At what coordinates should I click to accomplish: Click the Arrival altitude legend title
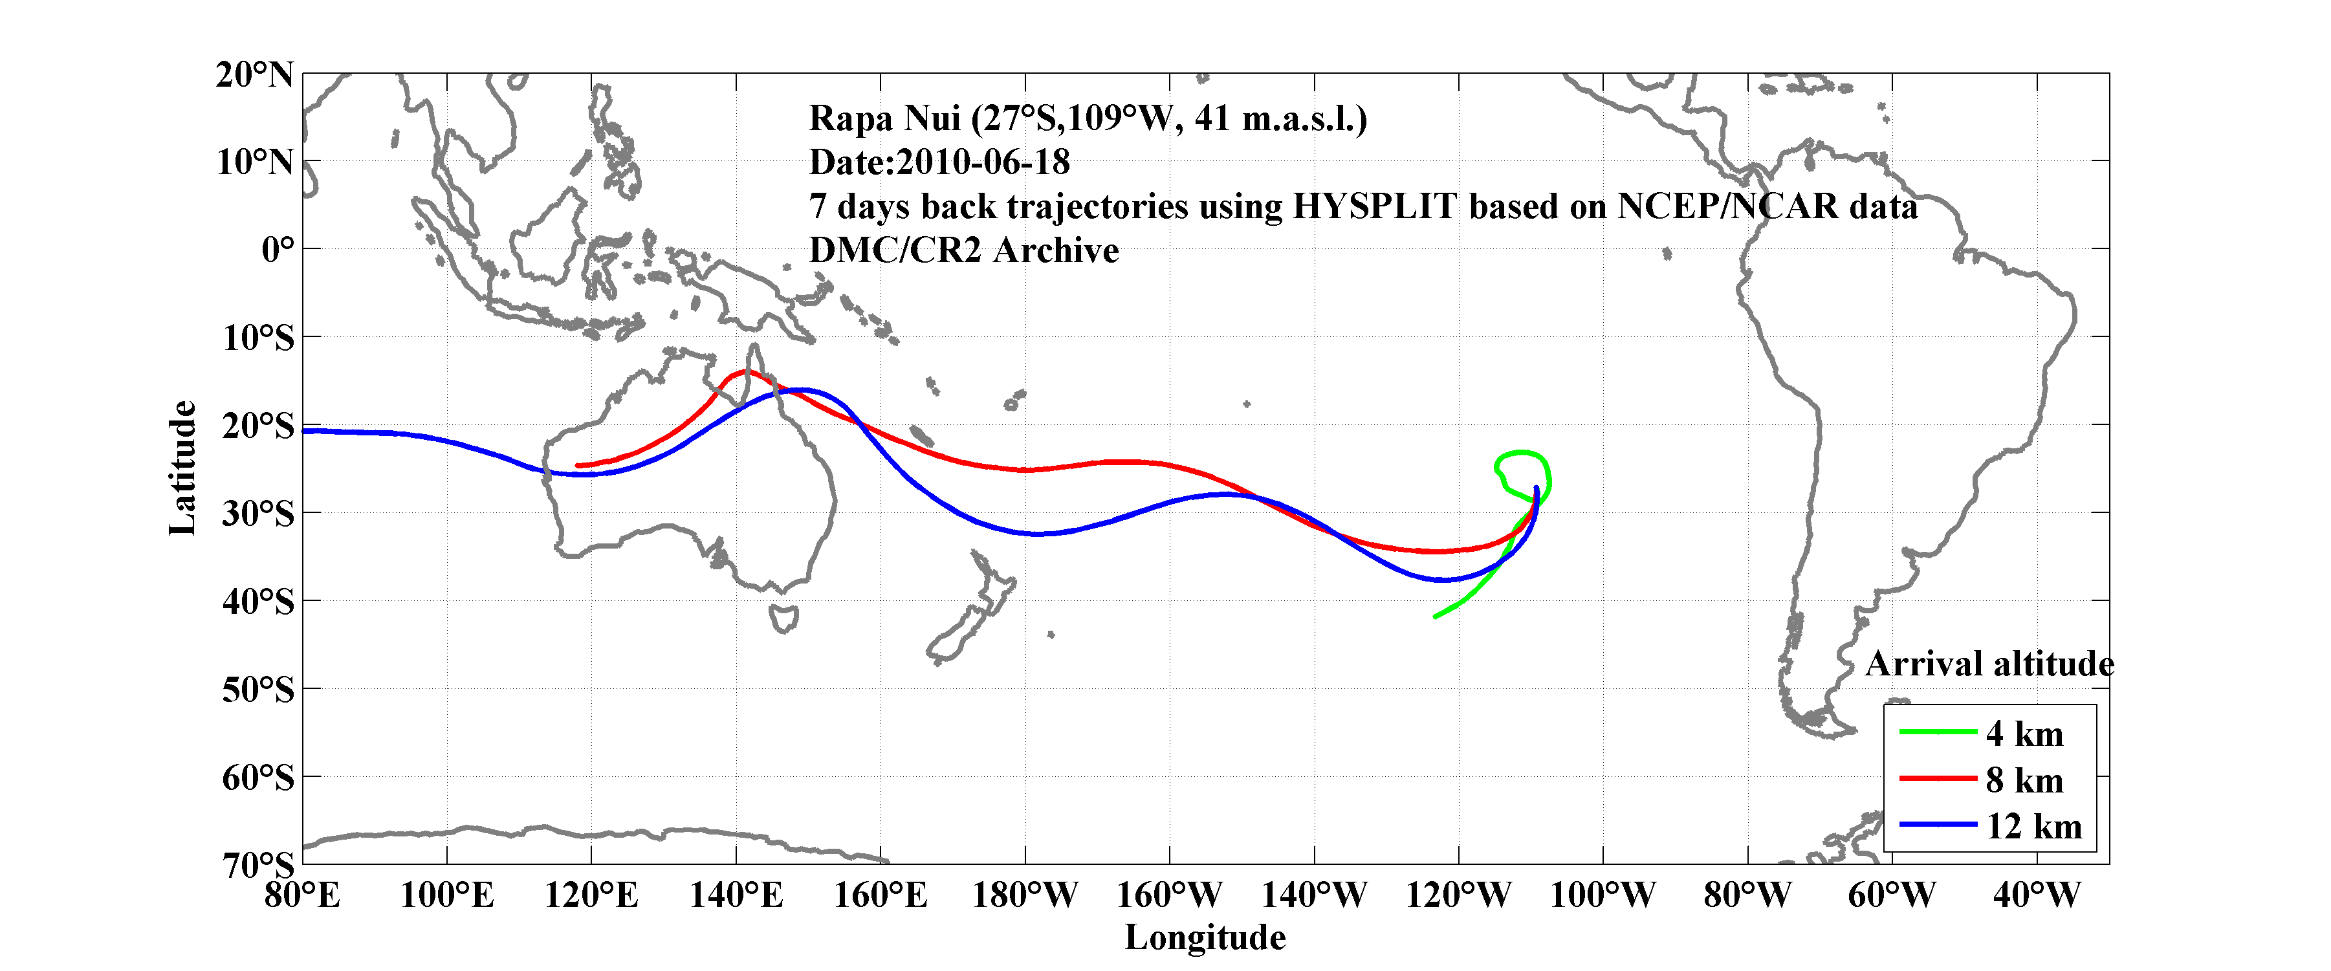[x=1989, y=664]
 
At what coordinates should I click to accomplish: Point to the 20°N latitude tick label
[x=254, y=74]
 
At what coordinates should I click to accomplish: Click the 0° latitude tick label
[x=278, y=249]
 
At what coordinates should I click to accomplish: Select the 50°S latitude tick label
[x=258, y=690]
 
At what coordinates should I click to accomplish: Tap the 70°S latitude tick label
[x=258, y=865]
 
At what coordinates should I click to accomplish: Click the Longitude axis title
[x=1205, y=937]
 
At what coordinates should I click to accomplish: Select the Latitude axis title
[x=183, y=468]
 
